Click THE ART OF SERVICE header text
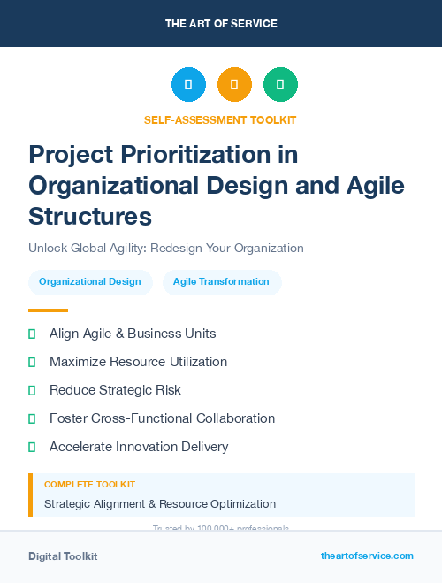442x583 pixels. pyautogui.click(x=221, y=24)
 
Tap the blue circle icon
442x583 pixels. pyautogui.click(x=188, y=85)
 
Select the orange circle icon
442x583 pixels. pyautogui.click(x=234, y=85)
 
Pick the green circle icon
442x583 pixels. pyautogui.click(x=280, y=85)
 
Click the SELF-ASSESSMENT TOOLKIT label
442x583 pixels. pyautogui.click(x=220, y=119)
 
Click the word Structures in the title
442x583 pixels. pyautogui.click(x=90, y=216)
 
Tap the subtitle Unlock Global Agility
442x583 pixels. pyautogui.click(x=166, y=248)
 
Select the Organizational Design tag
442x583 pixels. pyautogui.click(x=90, y=282)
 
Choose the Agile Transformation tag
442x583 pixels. pyautogui.click(x=221, y=282)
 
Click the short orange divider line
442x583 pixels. pyautogui.click(x=48, y=311)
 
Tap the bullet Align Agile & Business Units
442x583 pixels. pyautogui.click(x=133, y=334)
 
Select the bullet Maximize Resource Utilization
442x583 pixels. pyautogui.click(x=138, y=362)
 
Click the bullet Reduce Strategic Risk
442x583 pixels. pyautogui.click(x=115, y=390)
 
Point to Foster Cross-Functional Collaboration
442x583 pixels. pyautogui.click(x=162, y=418)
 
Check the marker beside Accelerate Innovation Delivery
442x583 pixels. pyautogui.click(x=32, y=447)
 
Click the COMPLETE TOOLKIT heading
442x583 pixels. pyautogui.click(x=89, y=485)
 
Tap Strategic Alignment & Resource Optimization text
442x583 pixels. pyautogui.click(x=160, y=504)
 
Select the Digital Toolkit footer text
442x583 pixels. pyautogui.click(x=63, y=556)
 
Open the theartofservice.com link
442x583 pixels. pyautogui.click(x=367, y=556)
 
